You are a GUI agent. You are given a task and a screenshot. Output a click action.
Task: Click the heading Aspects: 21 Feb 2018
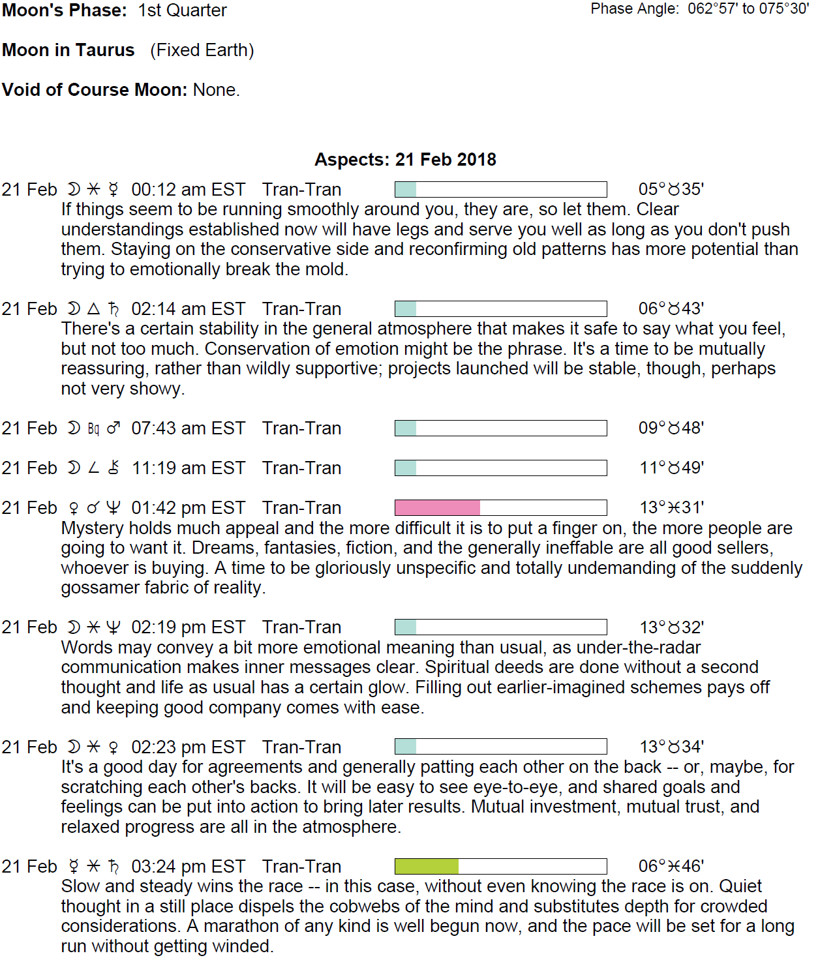[x=405, y=160]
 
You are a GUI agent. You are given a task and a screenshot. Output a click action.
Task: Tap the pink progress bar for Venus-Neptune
[x=438, y=508]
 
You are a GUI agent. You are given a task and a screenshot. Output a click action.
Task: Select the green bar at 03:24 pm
[x=427, y=867]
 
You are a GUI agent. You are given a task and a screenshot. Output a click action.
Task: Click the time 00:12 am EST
[x=188, y=190]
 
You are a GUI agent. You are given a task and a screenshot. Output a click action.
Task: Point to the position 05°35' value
[x=671, y=190]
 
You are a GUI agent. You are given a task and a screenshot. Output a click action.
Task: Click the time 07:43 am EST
[x=188, y=428]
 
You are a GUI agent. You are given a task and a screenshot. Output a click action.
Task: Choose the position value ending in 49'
[x=671, y=468]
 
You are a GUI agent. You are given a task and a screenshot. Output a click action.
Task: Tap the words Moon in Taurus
[x=68, y=50]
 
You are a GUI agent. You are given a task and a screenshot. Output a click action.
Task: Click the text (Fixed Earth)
[x=202, y=50]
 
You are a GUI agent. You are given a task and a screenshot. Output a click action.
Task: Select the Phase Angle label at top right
[x=634, y=9]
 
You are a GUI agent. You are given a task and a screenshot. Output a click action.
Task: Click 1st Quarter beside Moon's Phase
[x=183, y=10]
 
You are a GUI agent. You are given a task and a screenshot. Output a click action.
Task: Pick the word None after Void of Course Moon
[x=215, y=90]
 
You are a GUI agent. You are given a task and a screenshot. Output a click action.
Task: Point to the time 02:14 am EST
[x=188, y=309]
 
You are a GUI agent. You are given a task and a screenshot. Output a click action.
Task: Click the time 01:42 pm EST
[x=188, y=508]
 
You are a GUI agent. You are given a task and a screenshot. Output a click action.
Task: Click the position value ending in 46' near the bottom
[x=671, y=867]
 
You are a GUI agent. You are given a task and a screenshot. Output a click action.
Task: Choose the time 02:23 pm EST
[x=188, y=747]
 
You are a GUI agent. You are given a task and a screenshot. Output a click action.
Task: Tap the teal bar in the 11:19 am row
[x=406, y=468]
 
